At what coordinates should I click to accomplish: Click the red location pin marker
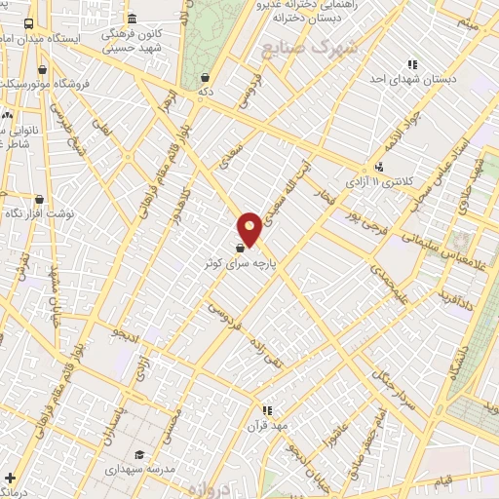coord(250,228)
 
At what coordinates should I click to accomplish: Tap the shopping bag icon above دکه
coord(204,77)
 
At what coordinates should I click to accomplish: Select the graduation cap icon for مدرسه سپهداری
coord(139,454)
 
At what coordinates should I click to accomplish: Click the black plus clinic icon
coord(10,478)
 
